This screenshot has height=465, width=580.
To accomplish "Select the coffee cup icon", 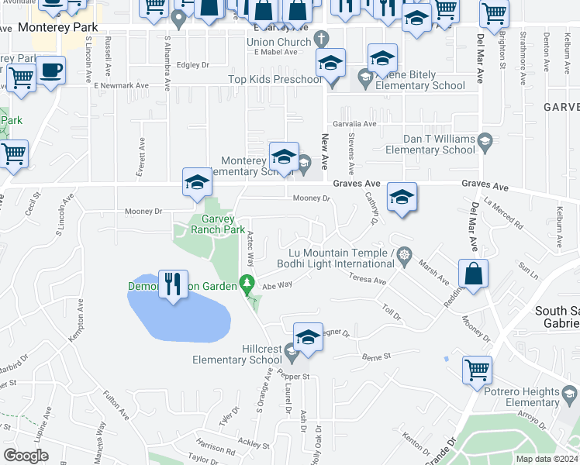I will [51, 71].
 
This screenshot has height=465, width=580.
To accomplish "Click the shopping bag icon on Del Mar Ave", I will [473, 274].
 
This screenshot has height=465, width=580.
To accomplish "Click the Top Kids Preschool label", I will [274, 80].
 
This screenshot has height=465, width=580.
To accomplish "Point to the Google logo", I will [26, 456].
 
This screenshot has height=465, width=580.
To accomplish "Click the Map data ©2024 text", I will [546, 459].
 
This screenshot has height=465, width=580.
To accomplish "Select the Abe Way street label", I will [277, 285].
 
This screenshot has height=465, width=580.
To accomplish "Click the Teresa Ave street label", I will [367, 279].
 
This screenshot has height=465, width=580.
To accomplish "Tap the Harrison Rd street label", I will [215, 448].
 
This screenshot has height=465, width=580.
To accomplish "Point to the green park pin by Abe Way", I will [247, 284].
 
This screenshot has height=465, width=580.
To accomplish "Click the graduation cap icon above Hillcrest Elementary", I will [308, 337].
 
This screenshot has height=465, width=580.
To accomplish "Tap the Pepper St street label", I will [295, 376].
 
